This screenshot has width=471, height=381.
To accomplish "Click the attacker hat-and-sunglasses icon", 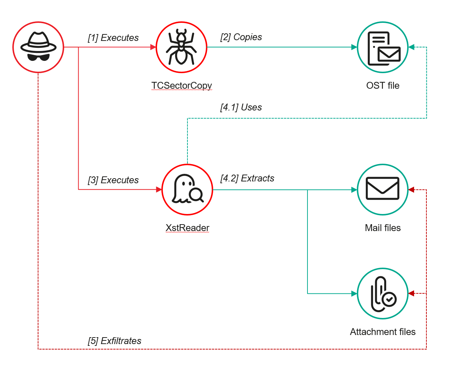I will [38, 47].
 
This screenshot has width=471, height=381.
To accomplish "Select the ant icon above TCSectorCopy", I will [181, 47].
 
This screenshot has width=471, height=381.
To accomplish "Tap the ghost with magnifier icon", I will [187, 189].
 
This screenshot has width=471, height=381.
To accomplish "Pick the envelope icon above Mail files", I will [383, 189].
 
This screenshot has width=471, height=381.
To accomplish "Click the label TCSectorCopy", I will [181, 85].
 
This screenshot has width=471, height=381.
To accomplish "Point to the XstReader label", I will [187, 228].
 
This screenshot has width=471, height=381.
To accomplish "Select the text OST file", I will [383, 85].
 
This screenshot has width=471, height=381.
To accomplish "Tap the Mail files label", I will [383, 228].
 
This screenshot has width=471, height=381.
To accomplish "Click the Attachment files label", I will [383, 332].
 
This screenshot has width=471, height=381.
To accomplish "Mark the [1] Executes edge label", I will [113, 38].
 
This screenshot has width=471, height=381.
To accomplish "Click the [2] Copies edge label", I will [241, 37].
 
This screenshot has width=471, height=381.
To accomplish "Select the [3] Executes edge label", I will [113, 180].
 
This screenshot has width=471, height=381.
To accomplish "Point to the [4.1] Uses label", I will [241, 107].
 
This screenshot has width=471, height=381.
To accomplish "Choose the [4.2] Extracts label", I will [247, 178].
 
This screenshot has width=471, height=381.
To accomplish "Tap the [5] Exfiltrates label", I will [115, 341].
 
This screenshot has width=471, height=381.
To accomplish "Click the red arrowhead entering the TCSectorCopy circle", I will [153, 47].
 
